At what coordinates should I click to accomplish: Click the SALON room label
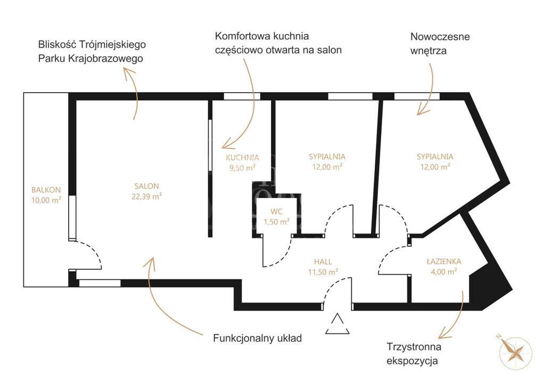point(146,186)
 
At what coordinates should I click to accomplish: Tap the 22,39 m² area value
point(146,196)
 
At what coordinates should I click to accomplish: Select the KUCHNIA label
point(242,158)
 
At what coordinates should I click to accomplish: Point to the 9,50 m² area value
point(242,167)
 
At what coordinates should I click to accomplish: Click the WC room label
point(276,211)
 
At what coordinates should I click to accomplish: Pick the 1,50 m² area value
point(276,221)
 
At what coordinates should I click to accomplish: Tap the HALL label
point(323,261)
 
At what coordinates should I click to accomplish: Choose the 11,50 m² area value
point(323,272)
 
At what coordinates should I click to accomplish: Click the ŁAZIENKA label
point(444,261)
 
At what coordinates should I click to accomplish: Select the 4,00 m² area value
point(444,272)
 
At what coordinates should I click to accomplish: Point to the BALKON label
point(46,190)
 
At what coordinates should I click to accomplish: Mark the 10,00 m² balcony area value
point(46,200)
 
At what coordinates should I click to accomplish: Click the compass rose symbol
point(515,351)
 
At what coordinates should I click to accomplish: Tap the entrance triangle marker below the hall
point(337,325)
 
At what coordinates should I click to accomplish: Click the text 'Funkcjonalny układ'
point(258,338)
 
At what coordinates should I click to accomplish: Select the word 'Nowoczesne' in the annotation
point(440,37)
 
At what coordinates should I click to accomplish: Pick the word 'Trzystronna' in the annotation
point(414,347)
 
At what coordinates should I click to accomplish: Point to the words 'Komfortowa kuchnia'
point(262,36)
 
